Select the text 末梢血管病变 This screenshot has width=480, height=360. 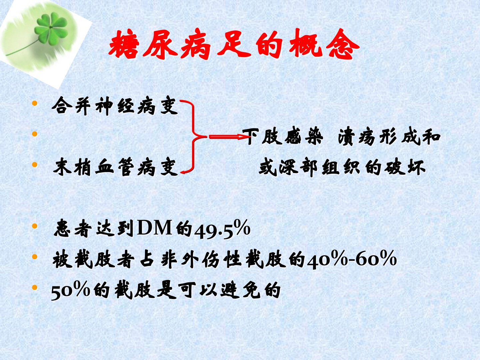pyautogui.click(x=115, y=167)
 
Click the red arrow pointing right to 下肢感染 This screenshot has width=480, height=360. pyautogui.click(x=229, y=137)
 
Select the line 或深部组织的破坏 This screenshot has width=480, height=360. pyautogui.click(x=342, y=167)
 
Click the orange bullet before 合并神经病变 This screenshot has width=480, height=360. pyautogui.click(x=35, y=103)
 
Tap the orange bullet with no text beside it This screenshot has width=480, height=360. pyautogui.click(x=35, y=134)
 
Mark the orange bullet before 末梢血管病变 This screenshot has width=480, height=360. pyautogui.click(x=35, y=164)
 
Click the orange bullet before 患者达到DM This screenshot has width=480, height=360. pyautogui.click(x=35, y=226)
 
